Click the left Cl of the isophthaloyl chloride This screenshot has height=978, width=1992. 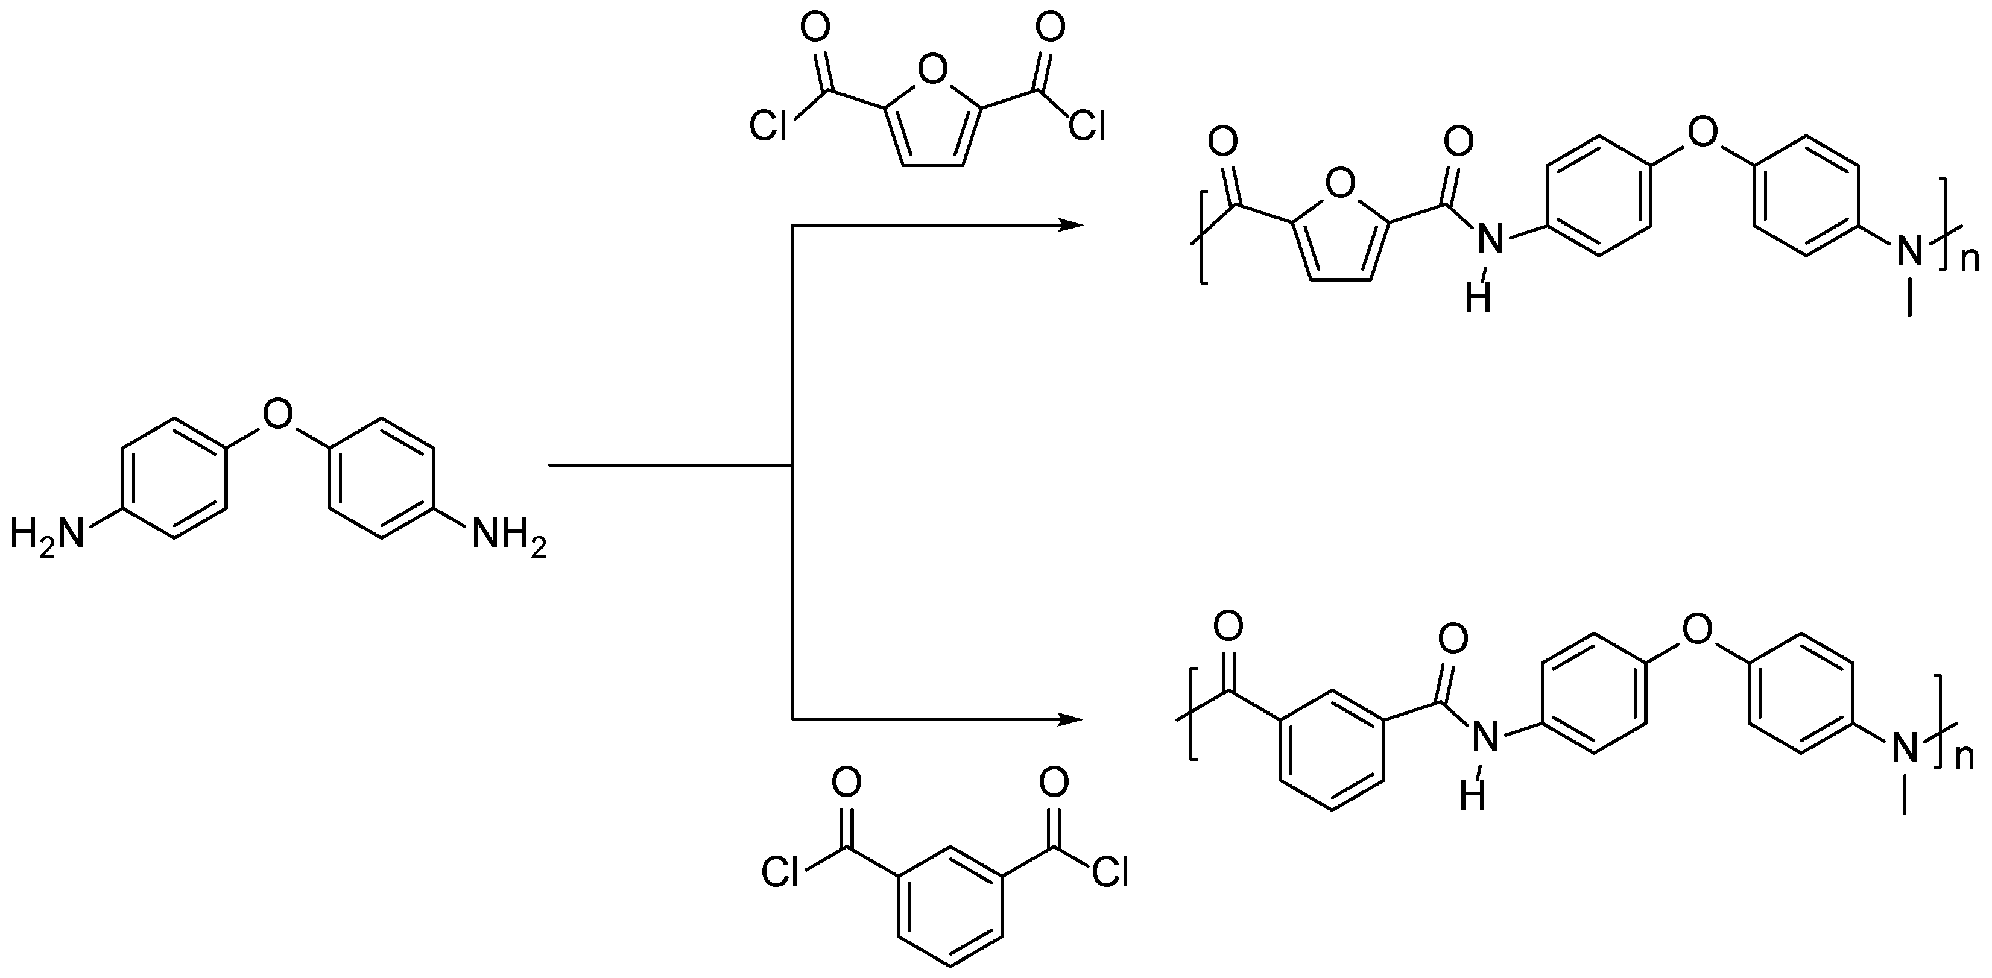pos(780,872)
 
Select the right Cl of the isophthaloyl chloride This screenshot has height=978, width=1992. pos(1110,872)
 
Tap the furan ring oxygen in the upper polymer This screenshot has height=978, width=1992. pos(1340,184)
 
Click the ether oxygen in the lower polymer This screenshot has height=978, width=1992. pos(1696,630)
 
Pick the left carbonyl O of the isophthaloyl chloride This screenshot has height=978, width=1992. pos(846,783)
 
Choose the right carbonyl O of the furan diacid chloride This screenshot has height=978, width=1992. pos(1049,28)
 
